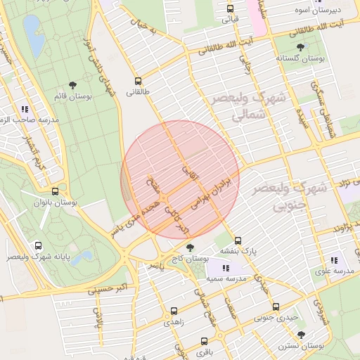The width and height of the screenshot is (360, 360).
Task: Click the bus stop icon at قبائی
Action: point(230,9)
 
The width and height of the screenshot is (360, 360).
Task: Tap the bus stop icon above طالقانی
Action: point(138,80)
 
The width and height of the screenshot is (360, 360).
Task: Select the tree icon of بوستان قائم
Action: point(75,85)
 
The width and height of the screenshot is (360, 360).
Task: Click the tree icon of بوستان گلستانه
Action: point(301,47)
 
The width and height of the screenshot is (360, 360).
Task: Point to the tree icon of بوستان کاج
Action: point(190,247)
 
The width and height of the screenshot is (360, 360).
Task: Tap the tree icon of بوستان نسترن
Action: point(301,335)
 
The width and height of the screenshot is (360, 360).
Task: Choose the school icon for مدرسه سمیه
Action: point(225,268)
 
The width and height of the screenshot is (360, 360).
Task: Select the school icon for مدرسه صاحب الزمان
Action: point(25,109)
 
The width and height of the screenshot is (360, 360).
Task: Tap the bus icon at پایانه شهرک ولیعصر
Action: point(37,246)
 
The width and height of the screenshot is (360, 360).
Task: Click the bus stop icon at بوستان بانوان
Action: point(55,191)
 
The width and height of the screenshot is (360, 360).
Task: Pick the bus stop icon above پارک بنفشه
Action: point(238,240)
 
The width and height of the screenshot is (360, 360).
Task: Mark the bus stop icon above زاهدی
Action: point(174,310)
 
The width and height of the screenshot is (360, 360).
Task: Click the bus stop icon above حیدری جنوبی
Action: point(276,307)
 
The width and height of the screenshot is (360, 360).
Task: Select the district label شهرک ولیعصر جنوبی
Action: point(300,196)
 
